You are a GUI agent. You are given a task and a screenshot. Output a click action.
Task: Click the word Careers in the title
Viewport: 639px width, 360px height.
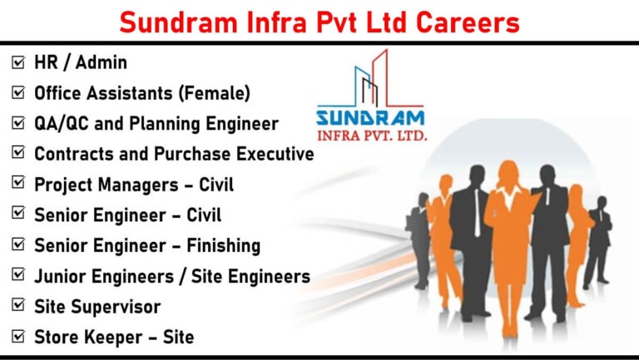click(x=468, y=22)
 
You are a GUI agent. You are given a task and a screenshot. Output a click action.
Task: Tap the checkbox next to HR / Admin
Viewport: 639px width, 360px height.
click(x=18, y=62)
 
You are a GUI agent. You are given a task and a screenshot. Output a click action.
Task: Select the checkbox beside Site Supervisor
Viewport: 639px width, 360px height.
click(x=18, y=304)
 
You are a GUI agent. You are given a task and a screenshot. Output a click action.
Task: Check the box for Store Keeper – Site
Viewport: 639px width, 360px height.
click(x=18, y=336)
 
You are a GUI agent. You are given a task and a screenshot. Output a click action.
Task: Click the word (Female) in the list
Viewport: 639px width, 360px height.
click(x=215, y=93)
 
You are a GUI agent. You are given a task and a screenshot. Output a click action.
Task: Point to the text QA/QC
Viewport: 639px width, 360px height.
click(x=61, y=123)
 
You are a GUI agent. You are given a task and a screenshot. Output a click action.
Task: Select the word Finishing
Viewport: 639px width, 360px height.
click(x=223, y=246)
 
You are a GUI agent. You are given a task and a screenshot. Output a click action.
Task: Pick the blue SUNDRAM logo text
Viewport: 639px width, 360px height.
click(x=370, y=118)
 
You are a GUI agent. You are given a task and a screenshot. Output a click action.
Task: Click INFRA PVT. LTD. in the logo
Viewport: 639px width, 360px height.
click(x=372, y=136)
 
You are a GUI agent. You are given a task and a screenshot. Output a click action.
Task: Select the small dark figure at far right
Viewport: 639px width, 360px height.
click(x=598, y=241)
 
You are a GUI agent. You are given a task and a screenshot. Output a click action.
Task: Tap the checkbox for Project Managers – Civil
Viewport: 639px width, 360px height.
click(x=18, y=182)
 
